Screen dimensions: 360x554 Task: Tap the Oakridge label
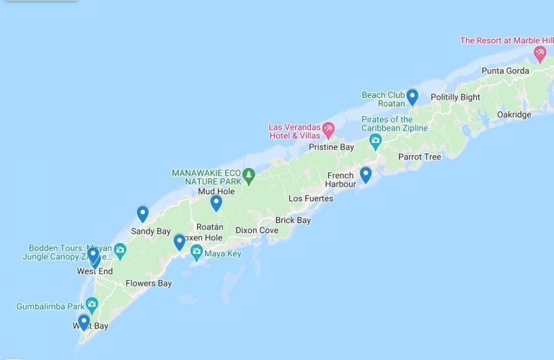point(514,115)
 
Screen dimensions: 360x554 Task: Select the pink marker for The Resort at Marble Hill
point(540,53)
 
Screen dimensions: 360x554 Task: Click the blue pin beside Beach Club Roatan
point(412,96)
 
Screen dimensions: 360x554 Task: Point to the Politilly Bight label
point(455,97)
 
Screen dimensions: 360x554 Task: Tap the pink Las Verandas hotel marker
point(328,129)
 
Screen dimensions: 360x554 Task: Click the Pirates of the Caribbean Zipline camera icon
point(375,140)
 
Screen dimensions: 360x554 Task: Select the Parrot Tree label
point(419,157)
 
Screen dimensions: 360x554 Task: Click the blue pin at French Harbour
point(366,175)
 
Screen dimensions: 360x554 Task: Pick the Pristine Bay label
point(331,147)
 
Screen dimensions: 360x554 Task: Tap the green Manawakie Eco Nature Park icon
point(249,174)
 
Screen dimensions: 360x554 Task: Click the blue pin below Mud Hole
point(216,203)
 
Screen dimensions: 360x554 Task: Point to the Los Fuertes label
point(311,198)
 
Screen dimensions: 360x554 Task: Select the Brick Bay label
point(293,220)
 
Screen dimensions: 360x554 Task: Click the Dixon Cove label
point(257,231)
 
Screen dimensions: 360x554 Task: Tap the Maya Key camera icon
point(196,252)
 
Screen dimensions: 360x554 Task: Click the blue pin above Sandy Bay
point(143,214)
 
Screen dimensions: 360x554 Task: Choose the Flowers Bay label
point(149,284)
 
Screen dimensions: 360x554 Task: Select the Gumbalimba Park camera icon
point(92,304)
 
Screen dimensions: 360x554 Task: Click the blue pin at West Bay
point(84,321)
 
